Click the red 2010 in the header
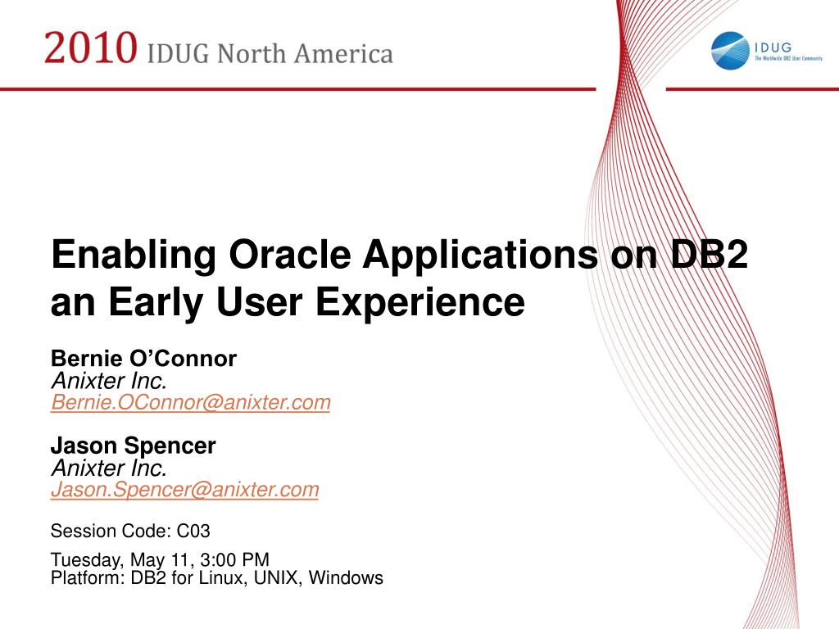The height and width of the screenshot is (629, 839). tap(90, 48)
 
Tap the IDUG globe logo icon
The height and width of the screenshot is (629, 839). tap(730, 50)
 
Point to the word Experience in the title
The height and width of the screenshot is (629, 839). tap(420, 302)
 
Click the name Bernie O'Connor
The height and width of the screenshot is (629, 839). tap(143, 359)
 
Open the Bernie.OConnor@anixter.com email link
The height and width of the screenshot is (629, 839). tap(191, 402)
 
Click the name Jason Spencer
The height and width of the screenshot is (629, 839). tap(134, 446)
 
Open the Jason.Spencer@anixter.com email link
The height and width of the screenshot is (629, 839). tap(185, 490)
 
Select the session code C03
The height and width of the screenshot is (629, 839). tap(194, 532)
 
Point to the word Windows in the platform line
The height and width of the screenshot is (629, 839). tap(346, 578)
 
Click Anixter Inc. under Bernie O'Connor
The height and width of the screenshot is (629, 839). tap(109, 381)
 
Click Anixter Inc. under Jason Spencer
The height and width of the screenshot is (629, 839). tap(109, 468)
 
